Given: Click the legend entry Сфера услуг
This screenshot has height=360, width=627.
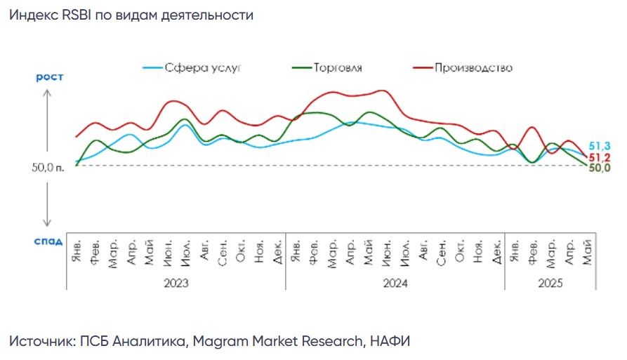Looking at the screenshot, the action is coord(192,68).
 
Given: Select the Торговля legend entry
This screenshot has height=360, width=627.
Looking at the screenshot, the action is coord(327,67).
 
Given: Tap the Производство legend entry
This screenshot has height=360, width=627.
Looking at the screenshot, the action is coord(463,67).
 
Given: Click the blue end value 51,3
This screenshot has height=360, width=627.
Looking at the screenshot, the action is coord(600,146).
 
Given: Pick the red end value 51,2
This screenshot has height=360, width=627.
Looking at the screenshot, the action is coord(600,157).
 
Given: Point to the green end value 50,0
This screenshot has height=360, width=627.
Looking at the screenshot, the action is coord(600,168).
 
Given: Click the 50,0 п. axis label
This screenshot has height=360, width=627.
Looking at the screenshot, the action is coord(48,167).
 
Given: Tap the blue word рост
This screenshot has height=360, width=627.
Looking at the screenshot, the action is coord(50,76).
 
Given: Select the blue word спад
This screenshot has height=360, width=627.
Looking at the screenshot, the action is coord(48,241).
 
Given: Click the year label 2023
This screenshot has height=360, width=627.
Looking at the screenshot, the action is coord(176,283).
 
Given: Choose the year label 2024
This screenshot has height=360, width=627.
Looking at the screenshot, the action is coord(395,283).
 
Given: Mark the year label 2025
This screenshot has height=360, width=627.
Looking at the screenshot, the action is coord(550,283).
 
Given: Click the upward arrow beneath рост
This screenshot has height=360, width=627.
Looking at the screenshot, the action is coord(47,120).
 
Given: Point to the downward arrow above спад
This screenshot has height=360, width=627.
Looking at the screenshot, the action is coord(47,205).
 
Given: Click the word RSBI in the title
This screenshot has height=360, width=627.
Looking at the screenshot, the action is coord(77,15).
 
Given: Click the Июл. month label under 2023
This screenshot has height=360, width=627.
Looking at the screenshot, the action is coord(185,253).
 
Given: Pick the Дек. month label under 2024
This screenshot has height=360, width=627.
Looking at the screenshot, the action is coord(496,252).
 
